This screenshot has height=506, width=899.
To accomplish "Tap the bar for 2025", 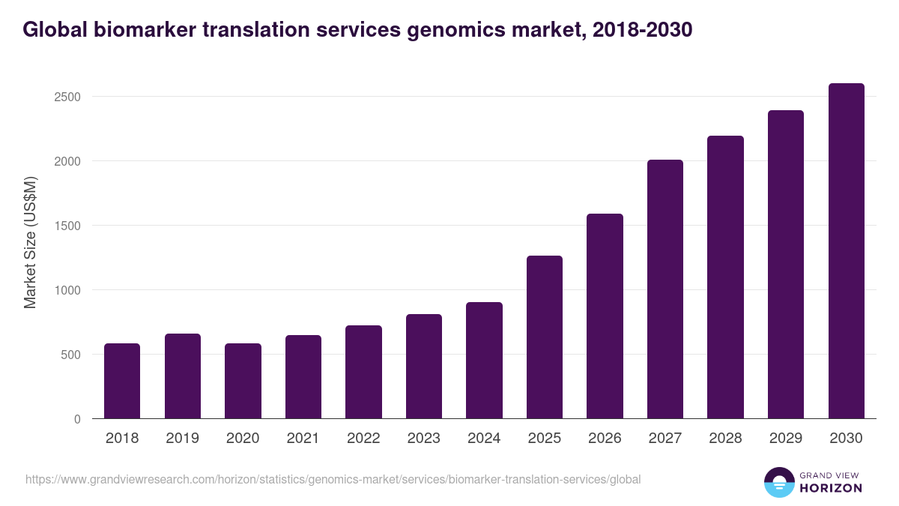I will pyautogui.click(x=544, y=337).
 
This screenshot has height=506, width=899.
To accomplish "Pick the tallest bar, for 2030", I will pyautogui.click(x=846, y=251).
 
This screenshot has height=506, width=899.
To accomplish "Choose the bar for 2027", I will pyautogui.click(x=665, y=289).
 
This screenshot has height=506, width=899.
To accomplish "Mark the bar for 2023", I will pyautogui.click(x=423, y=367).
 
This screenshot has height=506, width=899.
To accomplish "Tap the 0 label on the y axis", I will pyautogui.click(x=77, y=419).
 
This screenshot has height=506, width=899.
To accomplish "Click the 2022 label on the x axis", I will pyautogui.click(x=363, y=439).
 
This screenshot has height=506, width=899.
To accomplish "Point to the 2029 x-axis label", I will pyautogui.click(x=785, y=439).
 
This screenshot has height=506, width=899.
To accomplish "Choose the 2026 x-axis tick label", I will pyautogui.click(x=605, y=439).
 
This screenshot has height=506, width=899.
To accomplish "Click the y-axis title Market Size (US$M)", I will pyautogui.click(x=30, y=241).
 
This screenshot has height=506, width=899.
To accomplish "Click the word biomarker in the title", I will pyautogui.click(x=138, y=30).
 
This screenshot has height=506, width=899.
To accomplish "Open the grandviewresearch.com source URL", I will pyautogui.click(x=333, y=479).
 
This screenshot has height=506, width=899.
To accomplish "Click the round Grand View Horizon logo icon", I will pyautogui.click(x=778, y=482).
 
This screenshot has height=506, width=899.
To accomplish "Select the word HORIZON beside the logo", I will pyautogui.click(x=831, y=488).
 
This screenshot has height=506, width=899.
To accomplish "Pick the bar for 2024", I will pyautogui.click(x=484, y=361).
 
